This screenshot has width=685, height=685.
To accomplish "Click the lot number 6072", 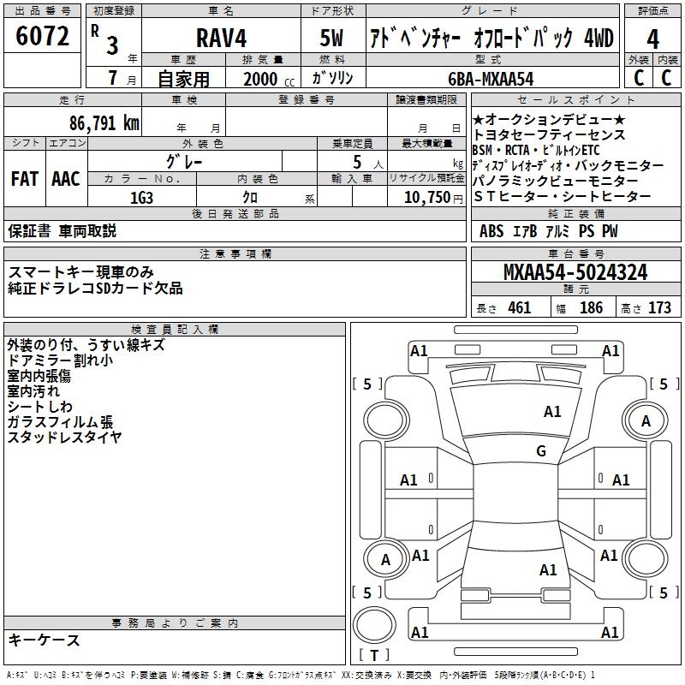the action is click(x=42, y=38).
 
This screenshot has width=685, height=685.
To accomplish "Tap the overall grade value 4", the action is click(x=652, y=39).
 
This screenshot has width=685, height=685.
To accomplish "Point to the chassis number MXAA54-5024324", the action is click(x=575, y=273).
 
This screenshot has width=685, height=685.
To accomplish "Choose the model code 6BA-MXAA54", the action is click(x=491, y=79).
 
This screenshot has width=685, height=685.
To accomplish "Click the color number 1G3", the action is click(x=141, y=198).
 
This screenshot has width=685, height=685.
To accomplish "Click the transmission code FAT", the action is click(x=24, y=179).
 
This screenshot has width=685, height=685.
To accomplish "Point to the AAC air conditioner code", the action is click(x=66, y=179).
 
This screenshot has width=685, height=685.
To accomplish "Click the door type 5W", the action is click(x=332, y=39).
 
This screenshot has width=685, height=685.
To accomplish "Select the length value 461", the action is click(x=519, y=308).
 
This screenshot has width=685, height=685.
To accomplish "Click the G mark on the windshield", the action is click(x=541, y=451).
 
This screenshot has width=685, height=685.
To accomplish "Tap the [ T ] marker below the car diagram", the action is click(x=374, y=655).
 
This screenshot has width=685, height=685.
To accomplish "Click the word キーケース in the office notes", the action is click(x=44, y=640).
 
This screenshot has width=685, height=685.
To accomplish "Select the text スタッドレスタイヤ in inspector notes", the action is click(x=64, y=438).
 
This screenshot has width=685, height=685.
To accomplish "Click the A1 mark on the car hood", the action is click(x=552, y=412).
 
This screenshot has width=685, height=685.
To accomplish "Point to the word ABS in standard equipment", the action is click(x=491, y=231).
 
